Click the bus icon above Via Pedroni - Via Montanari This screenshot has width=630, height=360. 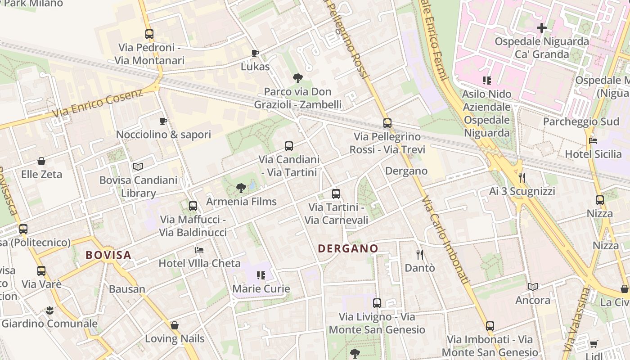[149, 34]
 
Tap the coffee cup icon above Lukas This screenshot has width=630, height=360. [255, 54]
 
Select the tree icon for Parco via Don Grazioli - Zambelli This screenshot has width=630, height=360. [297, 78]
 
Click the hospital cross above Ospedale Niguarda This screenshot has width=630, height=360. [542, 28]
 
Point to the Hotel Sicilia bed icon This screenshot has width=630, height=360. [593, 141]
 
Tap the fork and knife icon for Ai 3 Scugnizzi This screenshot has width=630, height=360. [522, 178]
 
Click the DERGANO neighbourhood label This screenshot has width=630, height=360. [348, 248]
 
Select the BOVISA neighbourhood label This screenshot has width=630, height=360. [108, 255]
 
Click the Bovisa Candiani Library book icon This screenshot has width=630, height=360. [138, 167]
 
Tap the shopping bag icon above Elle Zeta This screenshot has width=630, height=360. [41, 161]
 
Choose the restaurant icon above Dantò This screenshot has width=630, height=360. [420, 255]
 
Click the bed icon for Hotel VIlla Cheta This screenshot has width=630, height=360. [199, 250]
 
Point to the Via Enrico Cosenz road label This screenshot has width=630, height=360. [98, 103]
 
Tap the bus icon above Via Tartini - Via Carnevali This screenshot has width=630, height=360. [336, 194]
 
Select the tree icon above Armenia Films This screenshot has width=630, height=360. [241, 188]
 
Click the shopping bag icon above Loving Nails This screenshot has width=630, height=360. [175, 325]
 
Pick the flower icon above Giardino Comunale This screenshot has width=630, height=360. [49, 310]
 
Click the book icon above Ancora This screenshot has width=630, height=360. [533, 287]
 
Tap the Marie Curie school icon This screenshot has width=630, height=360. [261, 275]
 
